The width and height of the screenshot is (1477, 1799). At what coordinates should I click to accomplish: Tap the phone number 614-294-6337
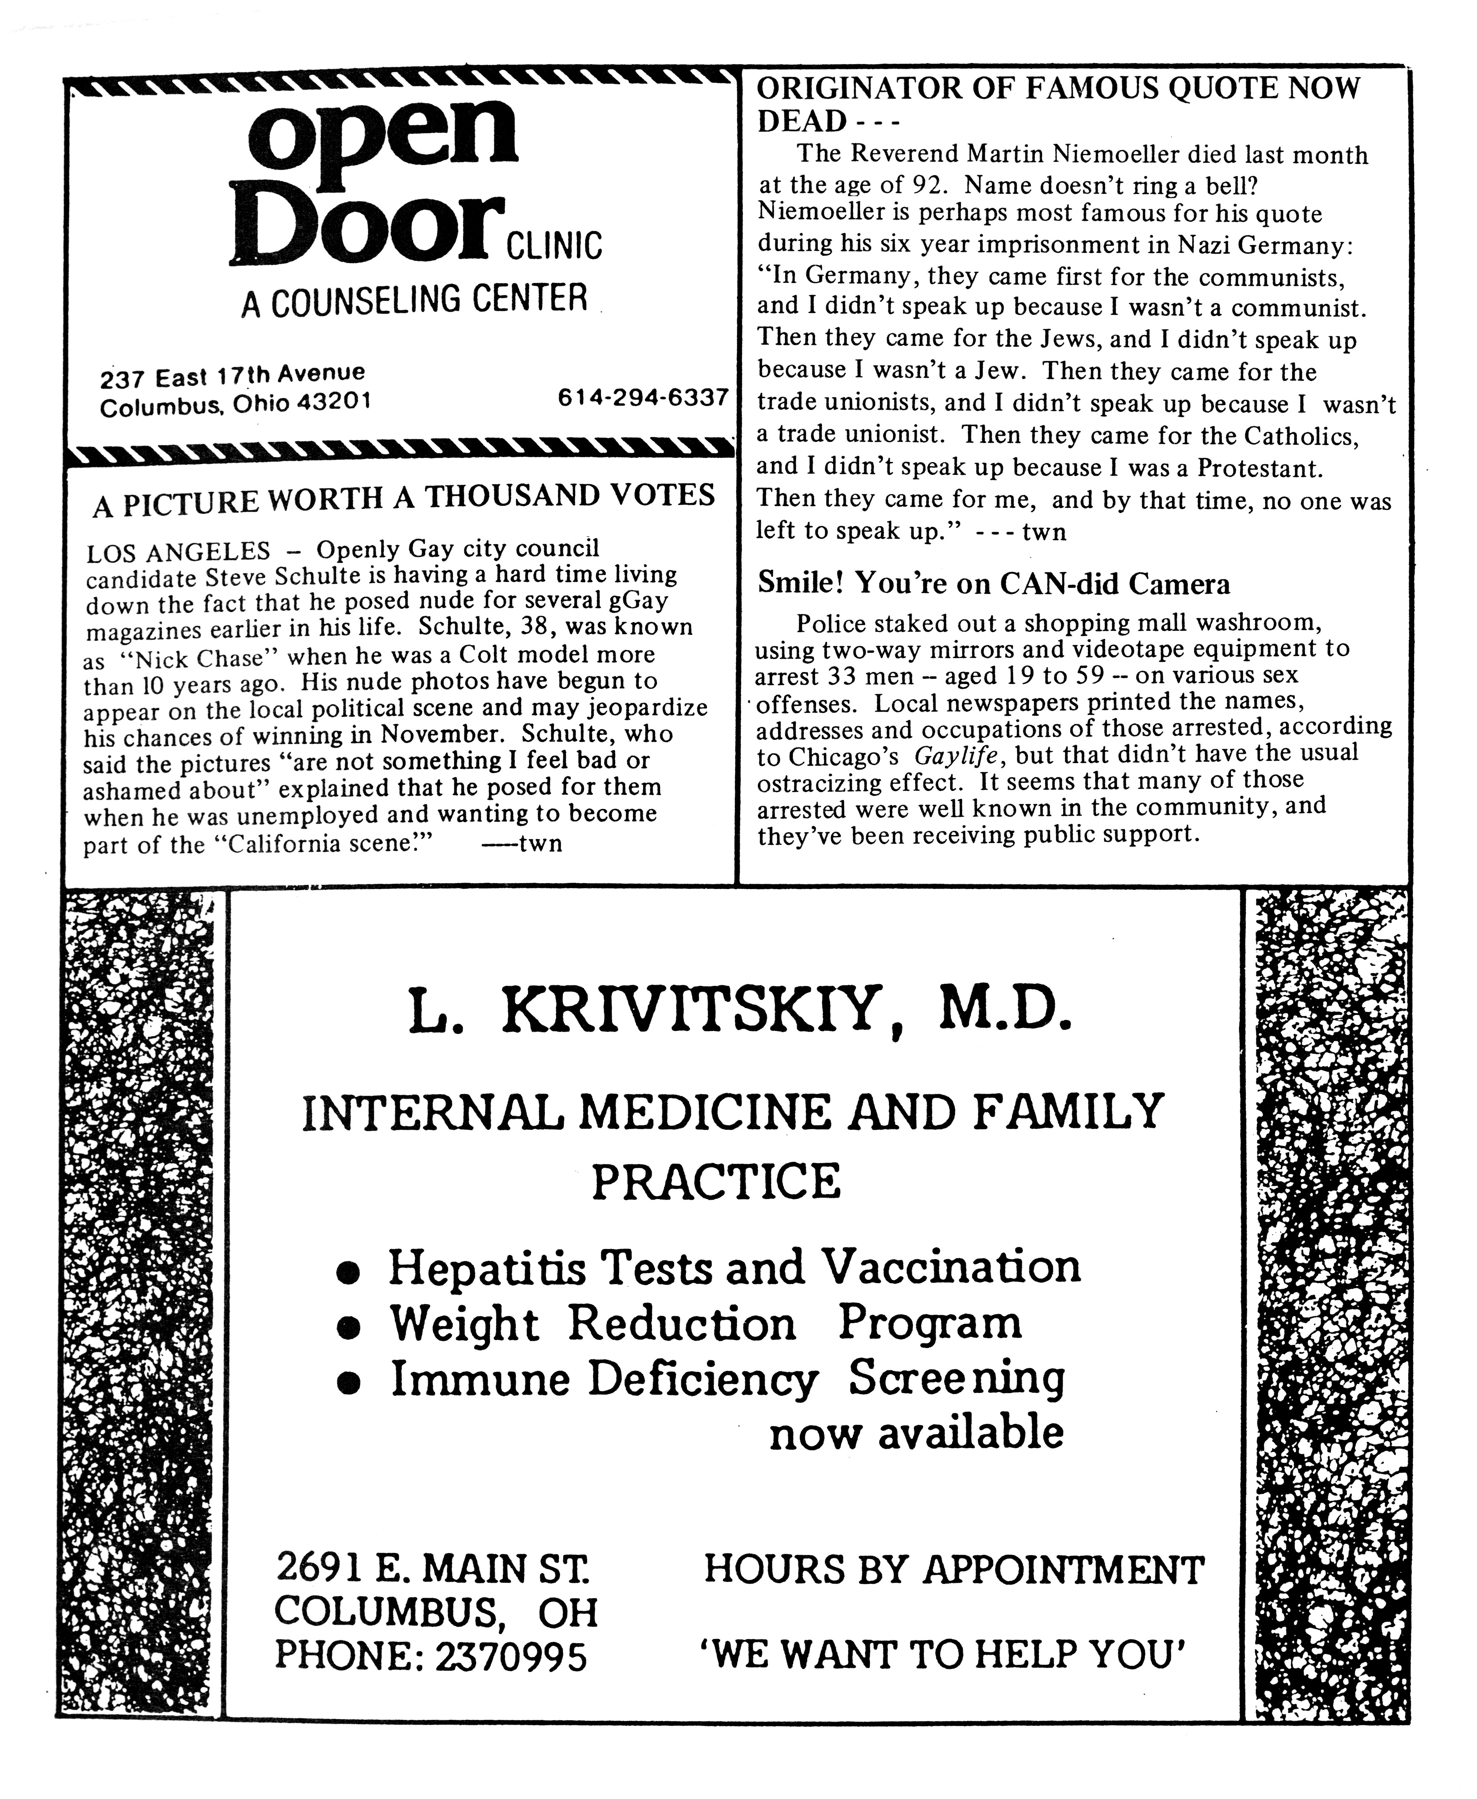643,398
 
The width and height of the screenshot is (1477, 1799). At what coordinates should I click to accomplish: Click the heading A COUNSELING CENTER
414,299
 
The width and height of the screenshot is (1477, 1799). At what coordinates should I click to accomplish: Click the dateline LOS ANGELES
178,551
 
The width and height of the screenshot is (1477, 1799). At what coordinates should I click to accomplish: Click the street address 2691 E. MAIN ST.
433,1568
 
